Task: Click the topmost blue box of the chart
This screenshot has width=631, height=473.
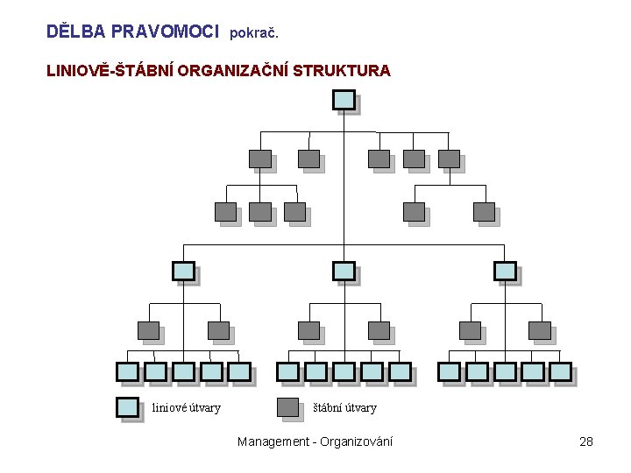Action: pos(344,100)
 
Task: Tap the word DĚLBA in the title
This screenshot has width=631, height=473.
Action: pos(75,32)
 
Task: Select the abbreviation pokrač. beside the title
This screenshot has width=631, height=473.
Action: pos(254,33)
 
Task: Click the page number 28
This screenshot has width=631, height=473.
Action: pos(586,441)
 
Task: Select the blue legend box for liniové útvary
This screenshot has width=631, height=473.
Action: pos(128,407)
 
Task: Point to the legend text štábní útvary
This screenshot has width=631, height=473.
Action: pos(345,408)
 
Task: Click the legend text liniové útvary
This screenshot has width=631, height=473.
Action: pos(187,408)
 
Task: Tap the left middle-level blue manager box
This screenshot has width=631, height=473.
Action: pos(183,272)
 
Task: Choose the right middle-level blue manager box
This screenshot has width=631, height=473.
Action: pos(506,272)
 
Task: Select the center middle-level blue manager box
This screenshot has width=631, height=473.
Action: pos(344,272)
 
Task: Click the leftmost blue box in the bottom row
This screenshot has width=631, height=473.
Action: pos(128,371)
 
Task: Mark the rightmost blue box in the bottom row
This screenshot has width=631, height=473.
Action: pos(561,371)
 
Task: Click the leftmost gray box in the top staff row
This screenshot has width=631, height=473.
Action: pos(259,159)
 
